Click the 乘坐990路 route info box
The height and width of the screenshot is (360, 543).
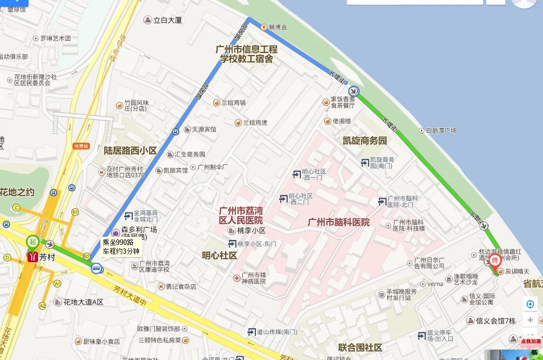[x=121, y=247]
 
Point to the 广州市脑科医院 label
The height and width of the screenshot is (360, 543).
[x=339, y=222]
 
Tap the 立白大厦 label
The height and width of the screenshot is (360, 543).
[x=167, y=21]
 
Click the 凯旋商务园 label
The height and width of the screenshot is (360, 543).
[x=365, y=141]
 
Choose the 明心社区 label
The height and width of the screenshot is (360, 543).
[x=219, y=255]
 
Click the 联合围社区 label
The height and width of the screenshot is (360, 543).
[x=360, y=347]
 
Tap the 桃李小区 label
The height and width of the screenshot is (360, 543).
[x=251, y=230]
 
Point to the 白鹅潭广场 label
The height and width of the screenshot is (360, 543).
[x=440, y=130]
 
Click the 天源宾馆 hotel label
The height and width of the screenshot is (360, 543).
[x=204, y=129]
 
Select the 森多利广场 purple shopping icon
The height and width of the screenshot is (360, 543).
[x=116, y=233]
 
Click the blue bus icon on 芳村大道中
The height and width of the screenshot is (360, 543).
[x=96, y=269]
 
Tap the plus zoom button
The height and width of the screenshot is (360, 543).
[x=530, y=320]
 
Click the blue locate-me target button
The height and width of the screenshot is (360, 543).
[x=530, y=304]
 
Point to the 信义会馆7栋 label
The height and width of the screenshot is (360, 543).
[x=495, y=321]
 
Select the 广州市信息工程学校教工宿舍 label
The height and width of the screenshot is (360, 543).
[x=246, y=54]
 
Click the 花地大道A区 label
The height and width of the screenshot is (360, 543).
[x=83, y=302]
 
